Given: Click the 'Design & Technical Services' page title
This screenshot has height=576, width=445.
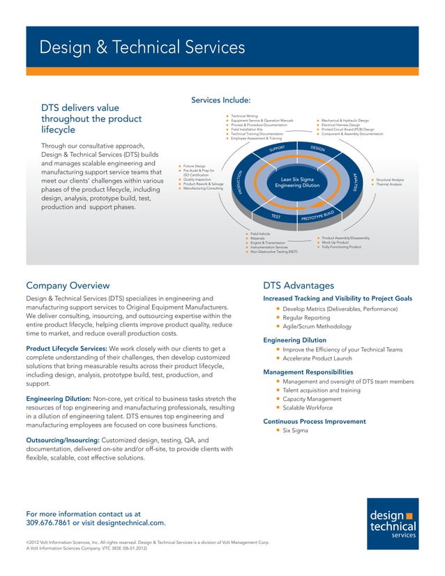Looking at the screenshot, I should [142, 48].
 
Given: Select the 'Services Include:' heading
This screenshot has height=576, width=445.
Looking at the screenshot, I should [220, 100].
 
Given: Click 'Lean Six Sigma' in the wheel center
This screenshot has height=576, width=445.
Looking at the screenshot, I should [297, 179].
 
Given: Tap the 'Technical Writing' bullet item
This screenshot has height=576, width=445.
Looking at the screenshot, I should [244, 116].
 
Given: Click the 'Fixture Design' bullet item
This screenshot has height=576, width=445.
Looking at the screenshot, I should [194, 166].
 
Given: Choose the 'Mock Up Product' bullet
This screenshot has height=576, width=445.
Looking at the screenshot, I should [336, 243].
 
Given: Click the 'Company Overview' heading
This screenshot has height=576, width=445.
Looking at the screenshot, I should [68, 285].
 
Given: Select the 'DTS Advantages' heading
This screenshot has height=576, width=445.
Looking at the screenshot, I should [299, 285].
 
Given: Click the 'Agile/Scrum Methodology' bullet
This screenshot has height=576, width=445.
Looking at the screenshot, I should [317, 326].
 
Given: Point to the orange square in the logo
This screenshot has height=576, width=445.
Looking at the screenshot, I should [409, 515].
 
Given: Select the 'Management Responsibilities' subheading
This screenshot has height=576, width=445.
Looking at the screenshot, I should [308, 372].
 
